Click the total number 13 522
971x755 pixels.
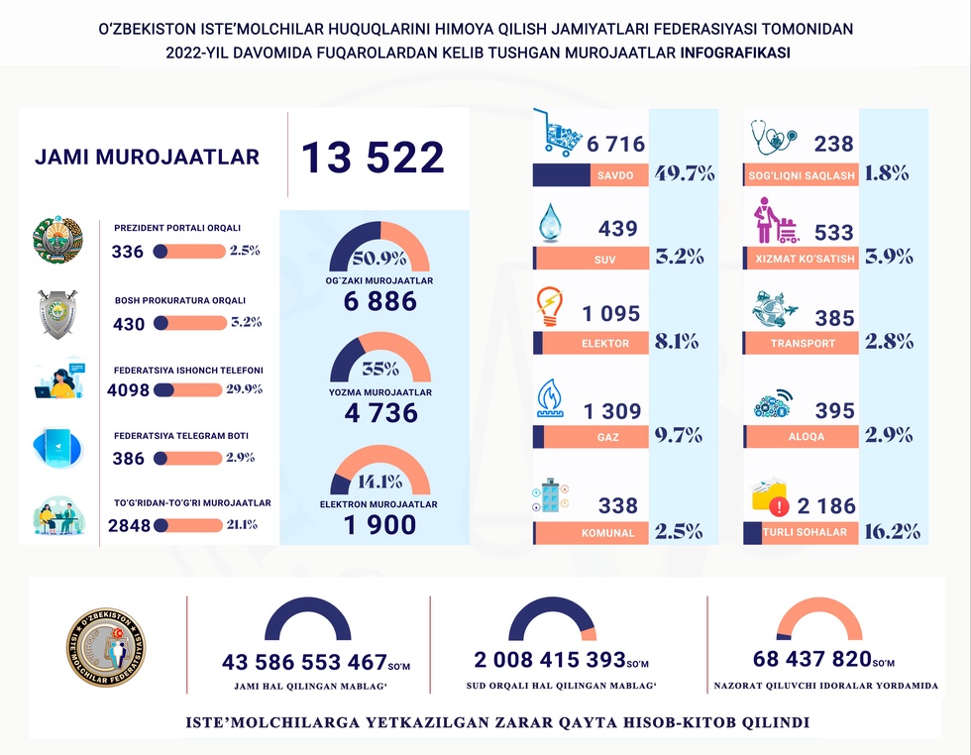[373, 159]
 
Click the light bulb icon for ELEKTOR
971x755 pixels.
[550, 307]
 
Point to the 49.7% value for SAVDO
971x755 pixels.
[684, 175]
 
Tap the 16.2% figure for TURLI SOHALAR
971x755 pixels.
[893, 531]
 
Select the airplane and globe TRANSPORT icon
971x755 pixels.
[775, 312]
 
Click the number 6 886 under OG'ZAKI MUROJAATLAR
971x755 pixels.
[380, 303]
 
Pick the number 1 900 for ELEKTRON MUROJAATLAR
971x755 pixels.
[380, 526]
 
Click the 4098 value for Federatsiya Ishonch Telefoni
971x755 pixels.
[129, 390]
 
